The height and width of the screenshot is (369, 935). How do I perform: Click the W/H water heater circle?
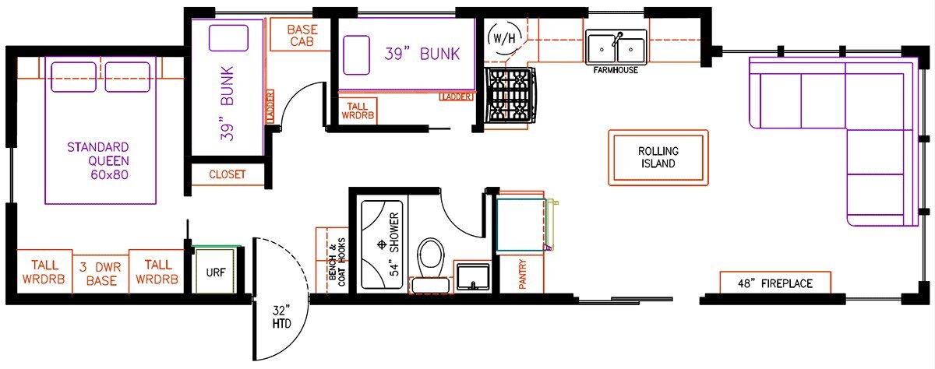coord(504,38)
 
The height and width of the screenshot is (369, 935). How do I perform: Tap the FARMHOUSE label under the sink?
coord(616,70)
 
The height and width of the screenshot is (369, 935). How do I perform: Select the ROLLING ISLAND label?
coord(658,157)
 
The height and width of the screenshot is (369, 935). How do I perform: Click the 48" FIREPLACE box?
coord(775,283)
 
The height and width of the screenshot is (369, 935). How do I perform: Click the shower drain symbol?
coord(381,244)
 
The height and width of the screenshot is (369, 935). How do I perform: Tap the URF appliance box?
coord(215,271)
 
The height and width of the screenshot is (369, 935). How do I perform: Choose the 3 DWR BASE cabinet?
coord(101,273)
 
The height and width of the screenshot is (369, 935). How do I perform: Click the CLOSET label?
coord(227,174)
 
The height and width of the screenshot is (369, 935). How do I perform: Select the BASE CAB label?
coord(302,36)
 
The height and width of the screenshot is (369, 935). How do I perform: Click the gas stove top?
coord(510,96)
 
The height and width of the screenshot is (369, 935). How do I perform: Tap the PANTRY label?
coord(522,274)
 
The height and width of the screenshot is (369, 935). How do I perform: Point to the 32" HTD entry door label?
coord(282,317)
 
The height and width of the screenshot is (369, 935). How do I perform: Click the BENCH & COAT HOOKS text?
coord(337,262)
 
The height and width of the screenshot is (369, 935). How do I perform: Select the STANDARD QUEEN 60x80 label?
coord(98,161)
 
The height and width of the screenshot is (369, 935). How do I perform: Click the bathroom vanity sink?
coord(472,276)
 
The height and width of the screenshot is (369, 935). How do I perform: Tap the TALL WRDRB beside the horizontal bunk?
coord(358,111)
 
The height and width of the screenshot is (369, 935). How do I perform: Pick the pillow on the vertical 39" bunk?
coord(228,38)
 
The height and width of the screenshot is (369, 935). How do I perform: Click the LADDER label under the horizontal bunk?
coord(457,97)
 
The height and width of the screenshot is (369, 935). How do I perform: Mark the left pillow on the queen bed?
coord(73,77)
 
